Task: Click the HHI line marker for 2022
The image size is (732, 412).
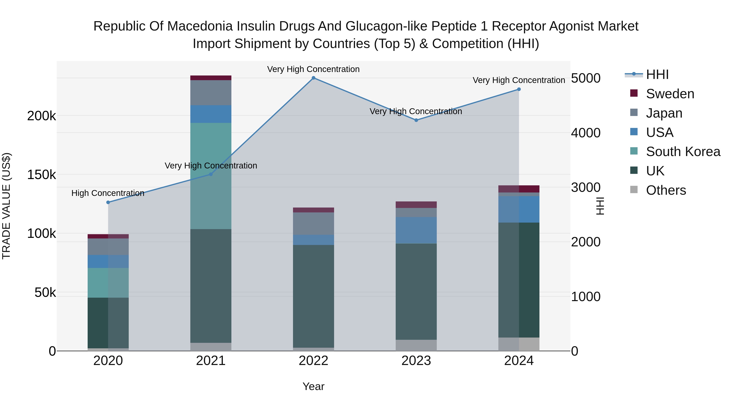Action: point(313,78)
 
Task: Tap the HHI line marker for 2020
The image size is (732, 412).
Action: point(108,202)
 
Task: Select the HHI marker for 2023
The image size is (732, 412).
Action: point(416,120)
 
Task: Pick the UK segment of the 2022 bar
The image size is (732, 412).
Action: point(313,296)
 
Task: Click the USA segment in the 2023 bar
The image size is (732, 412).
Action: point(416,230)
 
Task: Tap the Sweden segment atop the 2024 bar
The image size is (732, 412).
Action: point(519,189)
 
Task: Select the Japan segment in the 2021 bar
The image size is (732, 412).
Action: point(211,93)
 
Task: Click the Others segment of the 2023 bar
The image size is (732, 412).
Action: point(416,345)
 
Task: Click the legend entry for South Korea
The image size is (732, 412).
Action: point(683,152)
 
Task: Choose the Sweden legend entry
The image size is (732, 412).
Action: point(670,94)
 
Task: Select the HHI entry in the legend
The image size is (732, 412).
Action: point(657,74)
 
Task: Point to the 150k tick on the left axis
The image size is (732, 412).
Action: point(41,175)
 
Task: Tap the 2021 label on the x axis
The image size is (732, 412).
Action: point(211,361)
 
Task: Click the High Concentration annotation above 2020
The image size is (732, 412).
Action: point(108,193)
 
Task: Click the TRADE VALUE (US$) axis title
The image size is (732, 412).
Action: point(6,206)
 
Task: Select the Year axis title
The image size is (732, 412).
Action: point(313,386)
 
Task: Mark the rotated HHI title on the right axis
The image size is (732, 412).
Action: point(600,206)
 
